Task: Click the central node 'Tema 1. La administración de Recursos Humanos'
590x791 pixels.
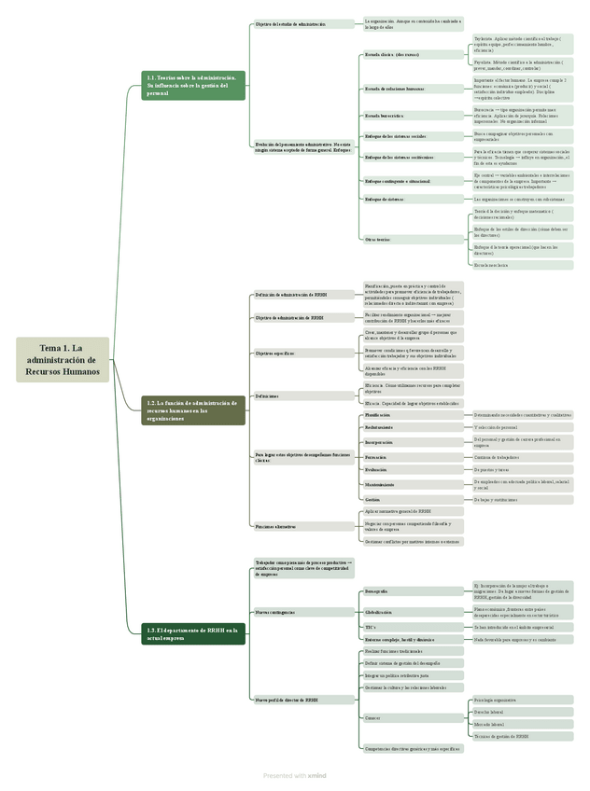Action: [x=63, y=359]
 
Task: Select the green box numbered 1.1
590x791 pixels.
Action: [x=193, y=86]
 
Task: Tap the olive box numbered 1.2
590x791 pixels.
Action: [x=193, y=410]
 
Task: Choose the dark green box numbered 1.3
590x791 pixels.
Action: [x=193, y=633]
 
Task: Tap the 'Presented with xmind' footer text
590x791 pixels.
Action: [x=294, y=774]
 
